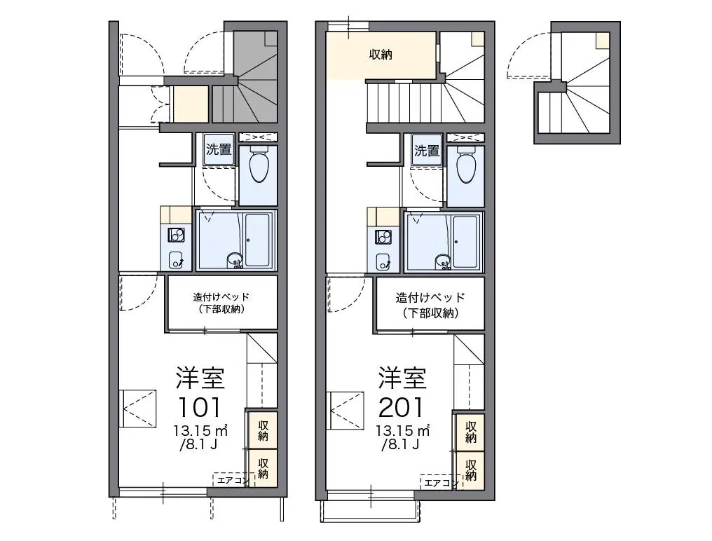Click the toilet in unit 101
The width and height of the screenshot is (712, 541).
click(258, 164)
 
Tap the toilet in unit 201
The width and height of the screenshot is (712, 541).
click(465, 164)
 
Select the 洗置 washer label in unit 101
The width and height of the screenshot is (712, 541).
click(219, 149)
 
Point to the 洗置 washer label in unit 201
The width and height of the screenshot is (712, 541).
click(427, 150)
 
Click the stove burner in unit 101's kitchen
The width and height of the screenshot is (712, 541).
click(176, 235)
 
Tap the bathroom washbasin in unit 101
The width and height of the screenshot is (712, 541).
click(235, 260)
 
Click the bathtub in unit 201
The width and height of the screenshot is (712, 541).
click(465, 241)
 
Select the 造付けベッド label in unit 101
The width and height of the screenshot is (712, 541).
click(221, 297)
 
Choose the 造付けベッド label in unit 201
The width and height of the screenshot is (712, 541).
click(430, 298)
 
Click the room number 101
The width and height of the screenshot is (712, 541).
click(200, 407)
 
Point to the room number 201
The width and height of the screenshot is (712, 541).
click(401, 407)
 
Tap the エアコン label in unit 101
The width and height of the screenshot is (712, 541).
click(233, 480)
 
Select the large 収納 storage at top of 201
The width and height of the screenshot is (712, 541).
click(381, 55)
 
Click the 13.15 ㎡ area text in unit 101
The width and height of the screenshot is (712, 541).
click(200, 430)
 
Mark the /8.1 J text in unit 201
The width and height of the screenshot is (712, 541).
click(401, 444)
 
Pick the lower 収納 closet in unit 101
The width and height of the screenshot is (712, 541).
click(263, 468)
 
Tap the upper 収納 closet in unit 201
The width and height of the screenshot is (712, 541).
click(471, 432)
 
